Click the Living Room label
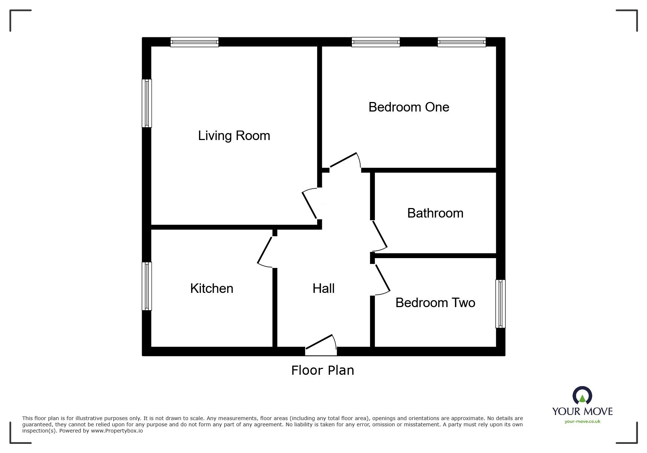click(x=234, y=136)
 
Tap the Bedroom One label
click(x=408, y=107)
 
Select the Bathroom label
click(x=435, y=213)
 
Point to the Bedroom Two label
click(x=435, y=303)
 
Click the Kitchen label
click(x=212, y=288)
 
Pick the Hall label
click(x=323, y=288)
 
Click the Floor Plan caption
click(x=323, y=370)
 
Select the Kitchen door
click(x=266, y=250)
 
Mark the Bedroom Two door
click(x=382, y=279)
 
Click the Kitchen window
click(x=146, y=286)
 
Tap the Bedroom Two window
click(x=501, y=303)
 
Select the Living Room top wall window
click(x=194, y=42)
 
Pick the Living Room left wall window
click(x=146, y=103)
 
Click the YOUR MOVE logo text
click(x=582, y=411)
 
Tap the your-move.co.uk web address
click(x=582, y=422)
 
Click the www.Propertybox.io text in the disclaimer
click(x=117, y=431)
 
